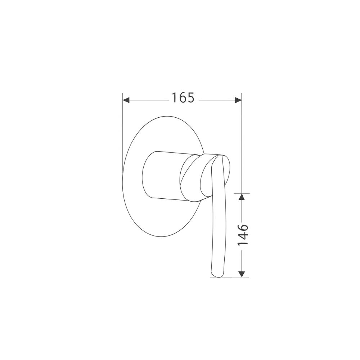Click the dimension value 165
(x=183, y=98)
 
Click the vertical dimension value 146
(x=243, y=235)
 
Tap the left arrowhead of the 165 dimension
(x=126, y=100)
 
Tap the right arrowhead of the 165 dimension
(x=238, y=100)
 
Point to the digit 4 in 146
(x=243, y=235)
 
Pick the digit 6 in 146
(x=243, y=227)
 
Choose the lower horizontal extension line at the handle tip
(x=230, y=277)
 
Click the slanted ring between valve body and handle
(x=191, y=176)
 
